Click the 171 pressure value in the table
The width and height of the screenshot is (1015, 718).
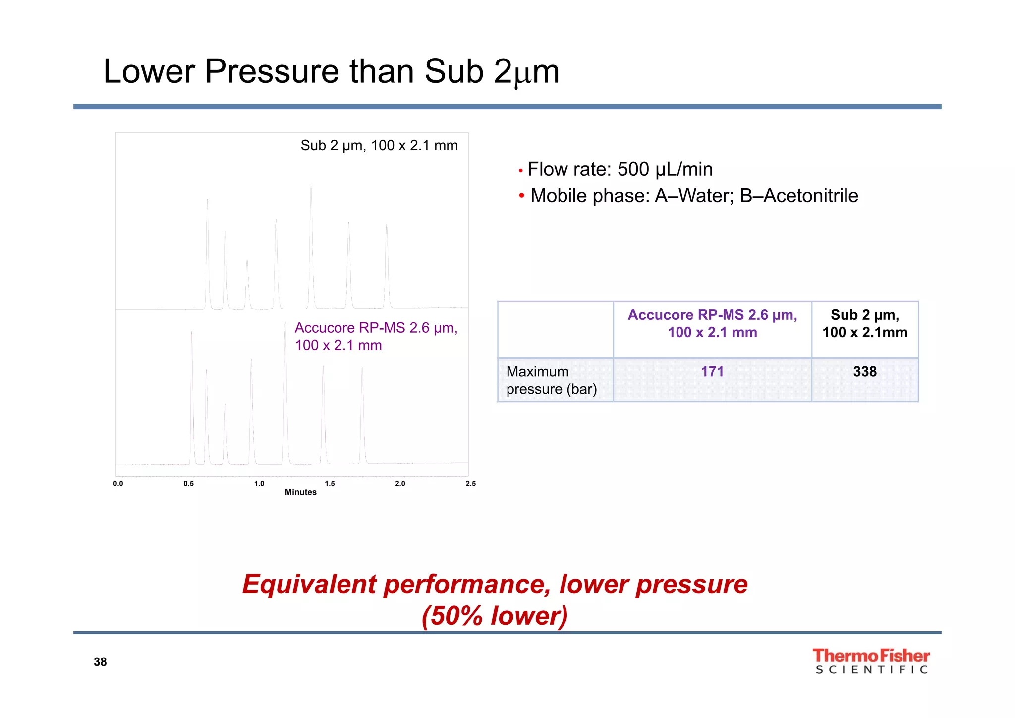712,372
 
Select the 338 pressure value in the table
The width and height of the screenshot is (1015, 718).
865,372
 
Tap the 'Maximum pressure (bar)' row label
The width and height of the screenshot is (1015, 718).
552,380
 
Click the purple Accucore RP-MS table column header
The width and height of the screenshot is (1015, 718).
712,324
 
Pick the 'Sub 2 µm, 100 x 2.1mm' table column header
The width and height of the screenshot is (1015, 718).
865,324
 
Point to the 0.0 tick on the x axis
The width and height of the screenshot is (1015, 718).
118,484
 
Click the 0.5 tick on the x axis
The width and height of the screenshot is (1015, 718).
189,484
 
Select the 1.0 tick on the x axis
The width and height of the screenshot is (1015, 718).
259,484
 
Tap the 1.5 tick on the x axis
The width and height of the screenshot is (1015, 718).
330,484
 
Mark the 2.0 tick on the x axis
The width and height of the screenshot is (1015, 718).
400,484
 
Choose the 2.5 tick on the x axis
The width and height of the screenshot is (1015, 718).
470,484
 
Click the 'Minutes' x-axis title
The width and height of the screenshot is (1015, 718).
300,492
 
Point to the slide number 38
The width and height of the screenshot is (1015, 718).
100,662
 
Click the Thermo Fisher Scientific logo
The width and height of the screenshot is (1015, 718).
871,661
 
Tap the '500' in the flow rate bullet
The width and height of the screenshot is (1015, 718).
633,170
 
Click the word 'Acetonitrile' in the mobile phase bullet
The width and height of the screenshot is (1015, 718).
811,196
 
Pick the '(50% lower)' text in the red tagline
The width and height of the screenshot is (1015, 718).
494,616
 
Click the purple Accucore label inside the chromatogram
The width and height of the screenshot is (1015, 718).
376,336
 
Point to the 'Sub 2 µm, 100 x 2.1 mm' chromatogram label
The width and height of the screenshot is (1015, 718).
379,146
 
